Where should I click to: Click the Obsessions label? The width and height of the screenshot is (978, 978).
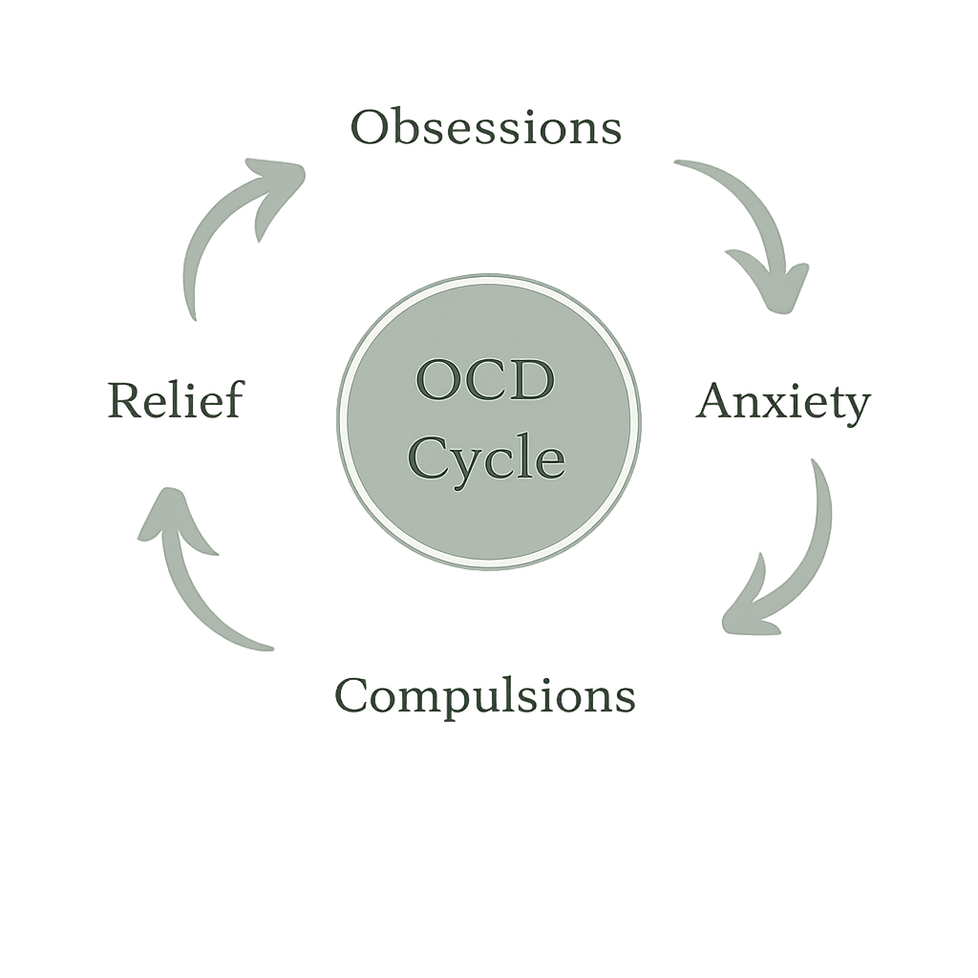click(487, 129)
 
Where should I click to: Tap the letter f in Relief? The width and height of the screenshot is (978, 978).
click(230, 400)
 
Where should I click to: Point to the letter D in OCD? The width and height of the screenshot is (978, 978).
click(533, 382)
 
